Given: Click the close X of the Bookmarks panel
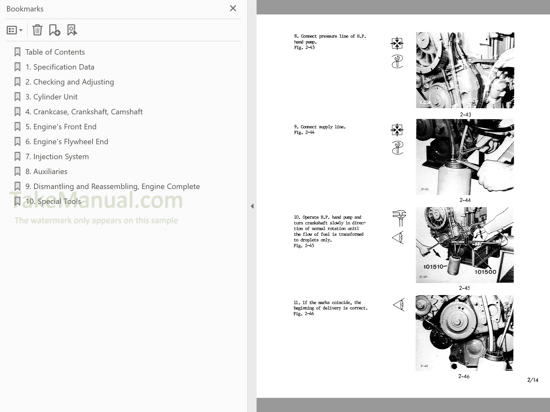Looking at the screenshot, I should (233, 9).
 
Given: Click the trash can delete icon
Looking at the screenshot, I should (37, 30).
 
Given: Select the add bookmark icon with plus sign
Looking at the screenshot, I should (54, 30).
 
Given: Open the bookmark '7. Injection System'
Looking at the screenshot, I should (57, 157).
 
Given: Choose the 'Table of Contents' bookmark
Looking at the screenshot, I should (55, 52).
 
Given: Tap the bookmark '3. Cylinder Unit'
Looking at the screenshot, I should (51, 97).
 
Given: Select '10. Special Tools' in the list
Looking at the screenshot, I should (53, 201).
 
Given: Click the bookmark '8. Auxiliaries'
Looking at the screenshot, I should (46, 172).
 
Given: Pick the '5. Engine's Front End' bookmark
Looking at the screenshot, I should (61, 127).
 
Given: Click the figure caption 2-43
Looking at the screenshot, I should (465, 115).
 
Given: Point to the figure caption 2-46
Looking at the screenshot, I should (464, 376).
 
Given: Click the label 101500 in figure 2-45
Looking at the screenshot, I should (485, 272).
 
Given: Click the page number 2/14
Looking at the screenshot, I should (533, 380).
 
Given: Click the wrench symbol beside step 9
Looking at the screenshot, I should (397, 148).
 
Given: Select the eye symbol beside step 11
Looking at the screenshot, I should (398, 305).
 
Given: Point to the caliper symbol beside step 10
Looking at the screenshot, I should (399, 218).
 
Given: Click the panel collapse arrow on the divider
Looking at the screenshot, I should (252, 206).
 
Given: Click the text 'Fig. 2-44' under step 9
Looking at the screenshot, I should (304, 132).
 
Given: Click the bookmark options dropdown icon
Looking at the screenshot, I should (14, 30).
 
